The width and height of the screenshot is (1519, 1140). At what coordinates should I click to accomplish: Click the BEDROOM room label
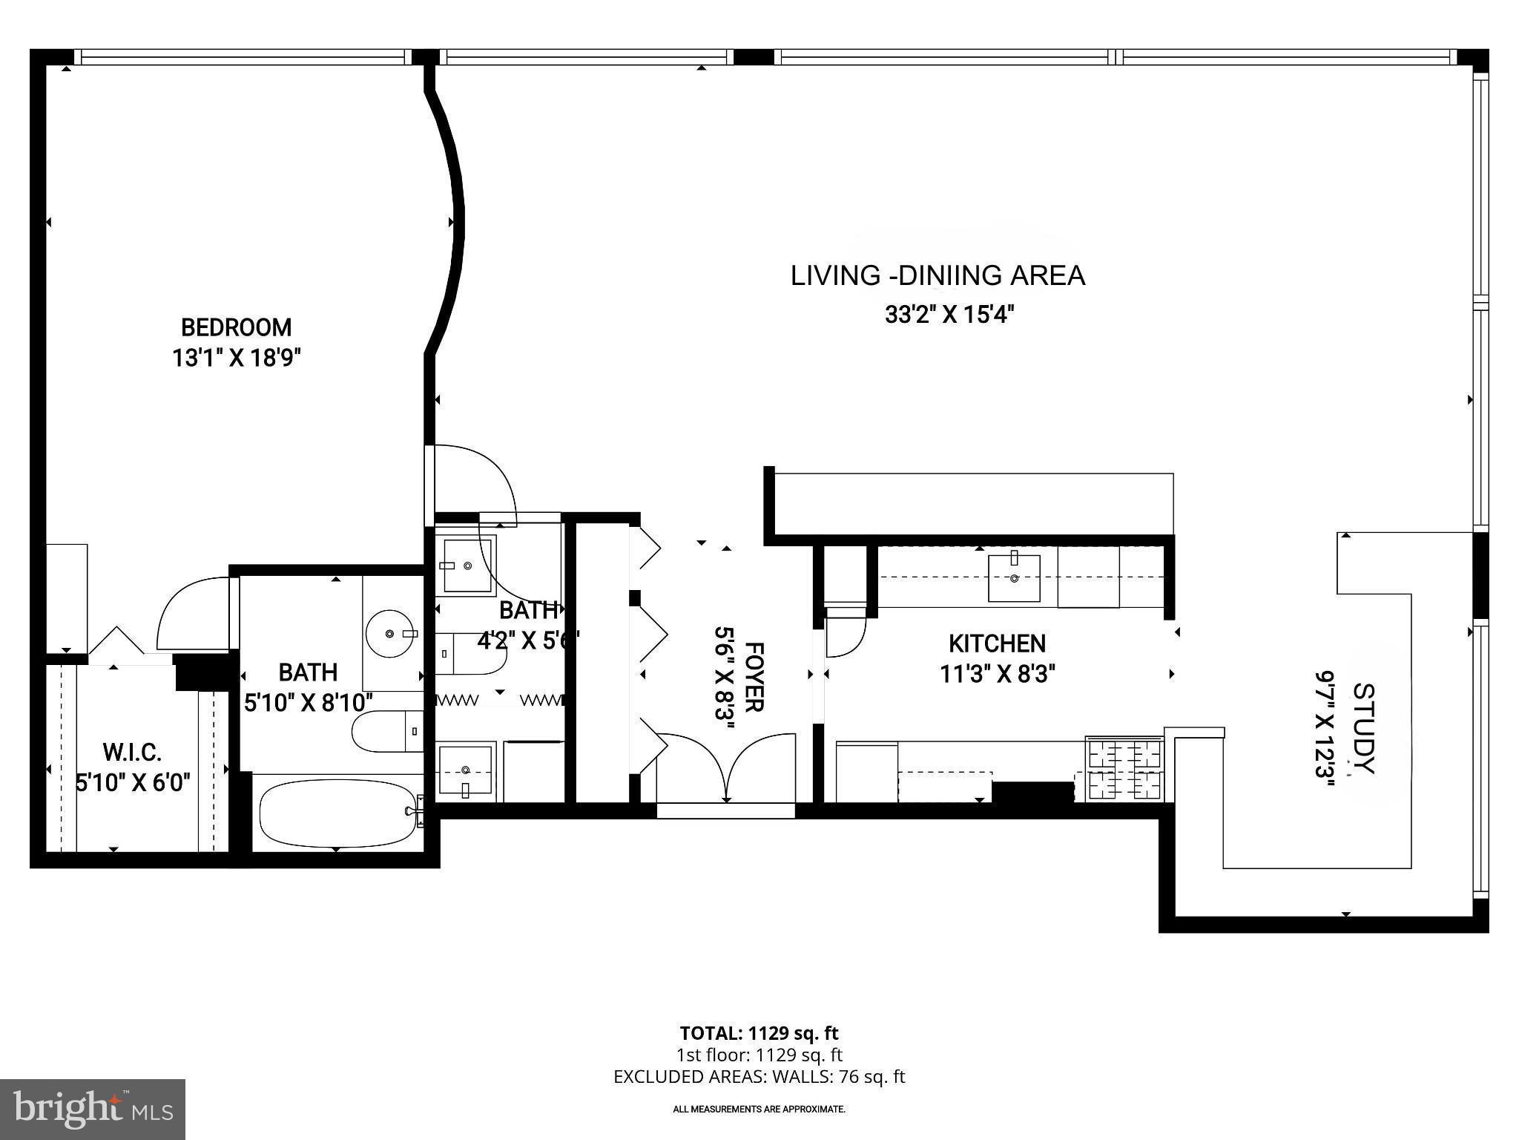tap(236, 327)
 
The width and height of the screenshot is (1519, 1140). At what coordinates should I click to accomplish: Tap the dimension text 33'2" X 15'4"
tap(949, 315)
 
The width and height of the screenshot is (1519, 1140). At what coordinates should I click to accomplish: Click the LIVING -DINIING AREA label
tap(938, 276)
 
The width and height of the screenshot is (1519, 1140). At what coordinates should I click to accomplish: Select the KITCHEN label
tap(997, 643)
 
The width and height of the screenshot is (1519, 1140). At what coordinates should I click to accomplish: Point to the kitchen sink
tap(1013, 577)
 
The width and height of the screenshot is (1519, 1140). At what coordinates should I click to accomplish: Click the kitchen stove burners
tap(1124, 769)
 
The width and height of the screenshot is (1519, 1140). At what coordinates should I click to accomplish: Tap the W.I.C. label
tap(132, 753)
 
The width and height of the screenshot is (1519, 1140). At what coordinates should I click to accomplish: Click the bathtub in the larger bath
tap(337, 812)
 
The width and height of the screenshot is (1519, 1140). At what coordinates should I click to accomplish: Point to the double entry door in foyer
tap(726, 768)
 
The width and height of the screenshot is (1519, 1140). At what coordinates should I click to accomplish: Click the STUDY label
tap(1363, 727)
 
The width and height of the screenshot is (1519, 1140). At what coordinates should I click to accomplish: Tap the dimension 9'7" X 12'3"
tap(1325, 727)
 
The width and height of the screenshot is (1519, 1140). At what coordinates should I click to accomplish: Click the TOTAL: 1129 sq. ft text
tap(759, 1033)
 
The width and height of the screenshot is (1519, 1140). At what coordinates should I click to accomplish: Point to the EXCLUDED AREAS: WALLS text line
tap(759, 1077)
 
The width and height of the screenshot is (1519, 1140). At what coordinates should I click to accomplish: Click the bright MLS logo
tap(93, 1109)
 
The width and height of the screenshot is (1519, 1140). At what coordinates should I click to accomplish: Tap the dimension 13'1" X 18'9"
tap(236, 359)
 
